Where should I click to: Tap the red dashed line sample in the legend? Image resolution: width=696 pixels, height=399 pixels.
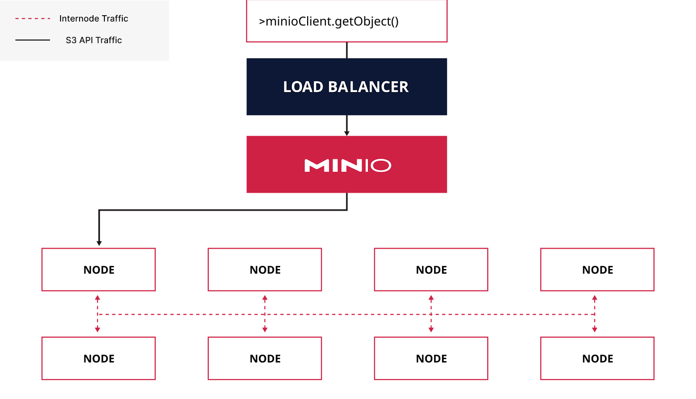pos(33,19)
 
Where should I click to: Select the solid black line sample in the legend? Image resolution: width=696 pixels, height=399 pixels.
pos(33,40)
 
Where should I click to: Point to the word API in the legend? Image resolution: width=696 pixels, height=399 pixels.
pos(86,40)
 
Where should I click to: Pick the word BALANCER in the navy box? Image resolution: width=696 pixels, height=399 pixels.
pos(368,87)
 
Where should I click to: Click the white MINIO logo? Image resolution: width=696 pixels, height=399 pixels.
pos(347,165)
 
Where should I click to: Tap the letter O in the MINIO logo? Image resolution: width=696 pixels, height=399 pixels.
pos(381,165)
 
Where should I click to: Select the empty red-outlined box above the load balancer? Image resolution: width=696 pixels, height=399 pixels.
pos(347,21)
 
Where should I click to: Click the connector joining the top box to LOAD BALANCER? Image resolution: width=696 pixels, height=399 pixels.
pos(347,50)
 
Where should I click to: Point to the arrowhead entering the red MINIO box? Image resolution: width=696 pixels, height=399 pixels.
pos(347,133)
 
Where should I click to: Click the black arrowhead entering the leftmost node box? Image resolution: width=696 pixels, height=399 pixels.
pos(99,243)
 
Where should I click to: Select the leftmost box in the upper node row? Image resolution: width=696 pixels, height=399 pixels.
pos(99,269)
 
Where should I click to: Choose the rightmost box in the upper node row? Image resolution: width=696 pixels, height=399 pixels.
pos(597,269)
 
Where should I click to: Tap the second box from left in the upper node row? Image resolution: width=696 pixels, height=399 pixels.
pos(264,269)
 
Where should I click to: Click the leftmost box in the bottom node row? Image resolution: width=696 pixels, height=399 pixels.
pos(99,358)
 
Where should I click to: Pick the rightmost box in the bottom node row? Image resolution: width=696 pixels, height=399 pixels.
pos(597,358)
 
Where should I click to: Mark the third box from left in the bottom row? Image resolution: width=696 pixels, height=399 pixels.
pos(431,358)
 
